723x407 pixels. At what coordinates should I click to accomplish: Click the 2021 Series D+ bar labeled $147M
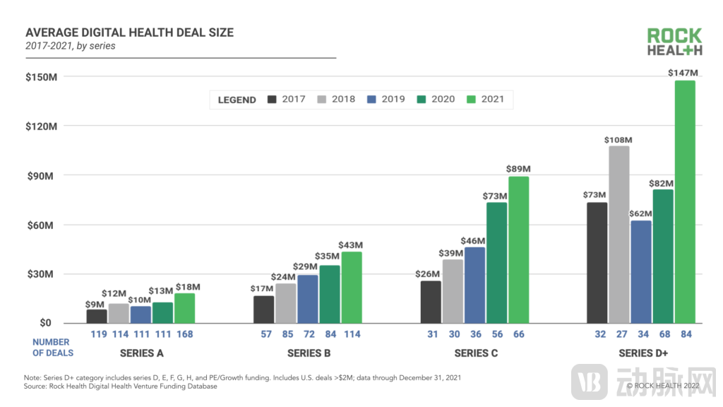pos(684,201)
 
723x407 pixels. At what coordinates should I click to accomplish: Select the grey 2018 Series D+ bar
pos(618,235)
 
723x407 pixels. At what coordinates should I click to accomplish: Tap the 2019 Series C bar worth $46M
pos(474,285)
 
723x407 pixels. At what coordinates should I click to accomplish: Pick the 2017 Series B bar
pos(264,309)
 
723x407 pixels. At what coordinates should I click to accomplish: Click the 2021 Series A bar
pos(185,308)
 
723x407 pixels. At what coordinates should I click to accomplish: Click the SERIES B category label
pos(308,353)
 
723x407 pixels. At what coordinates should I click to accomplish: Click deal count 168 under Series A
pos(185,334)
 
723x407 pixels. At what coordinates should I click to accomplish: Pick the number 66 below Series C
pos(518,334)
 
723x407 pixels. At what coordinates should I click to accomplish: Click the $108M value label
pos(618,140)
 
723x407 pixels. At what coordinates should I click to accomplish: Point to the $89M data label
pos(518,169)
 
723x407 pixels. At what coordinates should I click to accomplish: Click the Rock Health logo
pos(674,42)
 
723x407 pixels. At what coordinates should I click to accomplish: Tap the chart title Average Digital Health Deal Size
pos(129,33)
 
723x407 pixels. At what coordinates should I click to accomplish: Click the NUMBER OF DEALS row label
pos(52,347)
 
